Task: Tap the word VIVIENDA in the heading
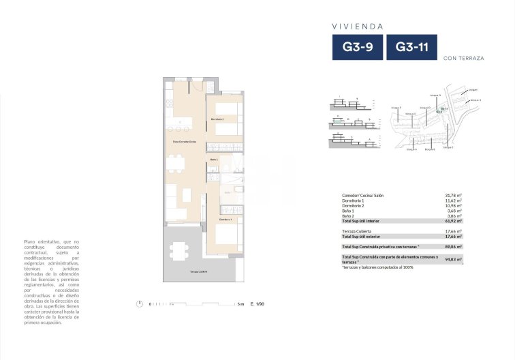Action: tap(357, 27)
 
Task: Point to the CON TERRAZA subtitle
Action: tap(463, 59)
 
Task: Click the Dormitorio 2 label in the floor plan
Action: tap(218, 119)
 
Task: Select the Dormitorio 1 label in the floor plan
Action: tap(227, 220)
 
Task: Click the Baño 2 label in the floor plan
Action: tap(213, 159)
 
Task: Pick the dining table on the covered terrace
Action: tap(180, 250)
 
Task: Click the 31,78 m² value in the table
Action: tap(453, 196)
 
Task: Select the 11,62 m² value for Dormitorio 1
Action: tap(453, 201)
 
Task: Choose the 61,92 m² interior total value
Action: tap(453, 221)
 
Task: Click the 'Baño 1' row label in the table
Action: tap(349, 211)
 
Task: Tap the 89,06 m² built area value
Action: tap(453, 246)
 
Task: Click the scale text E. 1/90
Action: tap(257, 304)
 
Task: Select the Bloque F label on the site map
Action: tap(396, 108)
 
